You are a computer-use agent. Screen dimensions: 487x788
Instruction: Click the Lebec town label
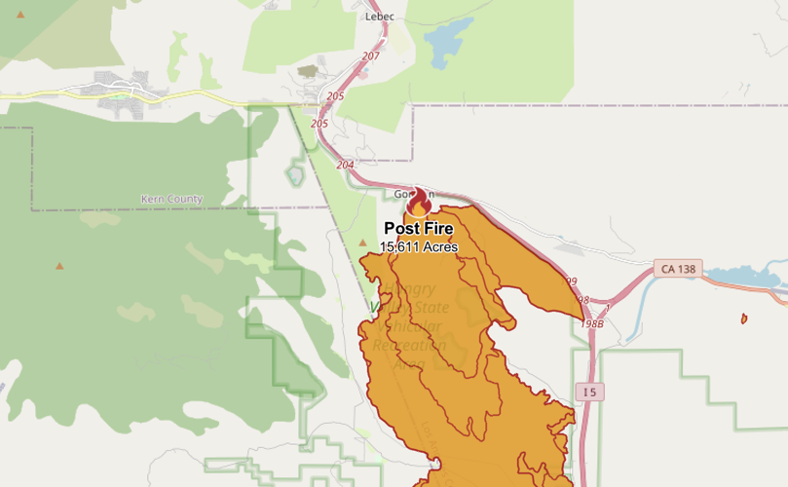pyautogui.click(x=380, y=17)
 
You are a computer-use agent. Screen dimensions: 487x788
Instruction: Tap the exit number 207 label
pyautogui.click(x=369, y=56)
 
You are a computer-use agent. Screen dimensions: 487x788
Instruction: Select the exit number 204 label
pyautogui.click(x=345, y=165)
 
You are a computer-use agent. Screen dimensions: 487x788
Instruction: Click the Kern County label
pyautogui.click(x=171, y=199)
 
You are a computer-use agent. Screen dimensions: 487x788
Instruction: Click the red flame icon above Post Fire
pyautogui.click(x=419, y=203)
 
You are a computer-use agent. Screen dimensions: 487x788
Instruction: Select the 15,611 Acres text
pyautogui.click(x=419, y=246)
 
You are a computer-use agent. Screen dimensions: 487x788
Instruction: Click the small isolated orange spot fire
pyautogui.click(x=743, y=318)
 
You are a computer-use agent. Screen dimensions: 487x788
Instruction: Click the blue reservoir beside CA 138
pyautogui.click(x=746, y=276)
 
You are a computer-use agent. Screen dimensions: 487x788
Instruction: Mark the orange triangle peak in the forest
pyautogui.click(x=60, y=265)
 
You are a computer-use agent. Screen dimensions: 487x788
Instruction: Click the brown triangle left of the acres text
pyautogui.click(x=362, y=243)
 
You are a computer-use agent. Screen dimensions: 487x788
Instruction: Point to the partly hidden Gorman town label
pyautogui.click(x=401, y=194)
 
